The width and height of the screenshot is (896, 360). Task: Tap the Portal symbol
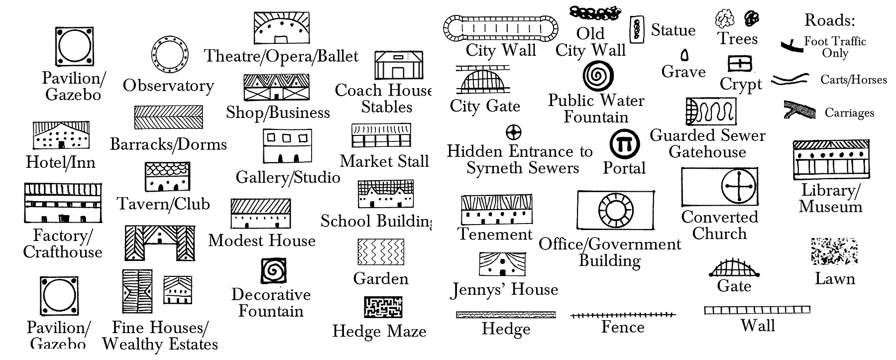pos(624,145)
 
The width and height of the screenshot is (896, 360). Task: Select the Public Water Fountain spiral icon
pos(597,76)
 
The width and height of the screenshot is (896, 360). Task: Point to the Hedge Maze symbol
pos(383,307)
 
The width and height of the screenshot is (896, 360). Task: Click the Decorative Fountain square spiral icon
pos(273,271)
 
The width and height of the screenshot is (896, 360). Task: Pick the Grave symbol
pos(685,54)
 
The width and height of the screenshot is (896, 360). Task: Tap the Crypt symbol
pos(740,64)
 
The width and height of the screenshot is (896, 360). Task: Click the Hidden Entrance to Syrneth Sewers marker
pos(513,132)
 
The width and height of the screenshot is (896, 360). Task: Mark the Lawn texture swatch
pos(834,252)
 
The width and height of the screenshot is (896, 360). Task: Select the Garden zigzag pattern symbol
pos(381,252)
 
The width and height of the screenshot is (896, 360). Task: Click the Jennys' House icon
pos(502,264)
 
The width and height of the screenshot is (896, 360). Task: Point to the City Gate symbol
pos(483,80)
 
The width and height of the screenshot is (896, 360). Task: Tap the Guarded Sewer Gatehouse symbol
pos(710,112)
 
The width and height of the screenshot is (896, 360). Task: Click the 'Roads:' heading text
pos(829,20)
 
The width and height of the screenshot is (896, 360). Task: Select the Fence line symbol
pos(623,315)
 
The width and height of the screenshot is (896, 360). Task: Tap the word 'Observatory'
pos(168,86)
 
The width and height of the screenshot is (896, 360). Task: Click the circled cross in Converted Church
pos(739,187)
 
